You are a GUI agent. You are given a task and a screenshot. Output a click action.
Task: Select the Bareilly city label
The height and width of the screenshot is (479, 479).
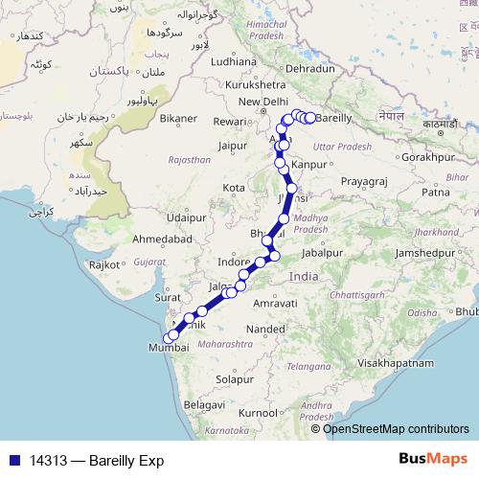333,118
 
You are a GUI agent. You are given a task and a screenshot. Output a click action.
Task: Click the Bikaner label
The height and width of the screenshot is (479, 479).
178,118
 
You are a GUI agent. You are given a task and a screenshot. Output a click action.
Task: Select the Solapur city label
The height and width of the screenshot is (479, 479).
235,379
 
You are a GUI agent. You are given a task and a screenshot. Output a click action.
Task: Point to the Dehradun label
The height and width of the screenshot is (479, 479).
309,69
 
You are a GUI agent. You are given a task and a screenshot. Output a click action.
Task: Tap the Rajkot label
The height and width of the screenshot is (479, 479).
103,263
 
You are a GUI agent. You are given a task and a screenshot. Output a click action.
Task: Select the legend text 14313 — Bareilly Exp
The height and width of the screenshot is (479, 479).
96,460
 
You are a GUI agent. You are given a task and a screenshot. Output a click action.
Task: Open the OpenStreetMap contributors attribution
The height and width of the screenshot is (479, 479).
396,428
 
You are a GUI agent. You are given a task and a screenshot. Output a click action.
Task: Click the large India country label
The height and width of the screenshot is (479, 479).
304,276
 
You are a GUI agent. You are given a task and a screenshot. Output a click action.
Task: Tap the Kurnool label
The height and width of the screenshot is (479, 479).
258,412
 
